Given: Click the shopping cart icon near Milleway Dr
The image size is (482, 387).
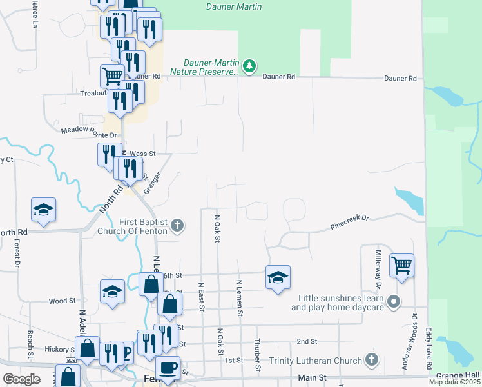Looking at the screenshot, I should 401,264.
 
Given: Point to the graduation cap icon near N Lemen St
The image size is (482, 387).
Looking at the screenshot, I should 278,277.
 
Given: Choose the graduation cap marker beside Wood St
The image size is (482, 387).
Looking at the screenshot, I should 112,291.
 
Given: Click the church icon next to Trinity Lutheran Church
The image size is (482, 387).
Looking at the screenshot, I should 371,359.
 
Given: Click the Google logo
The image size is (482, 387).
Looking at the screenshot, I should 21,379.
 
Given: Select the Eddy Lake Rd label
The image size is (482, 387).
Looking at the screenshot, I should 428,350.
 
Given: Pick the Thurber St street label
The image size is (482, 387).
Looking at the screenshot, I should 256,356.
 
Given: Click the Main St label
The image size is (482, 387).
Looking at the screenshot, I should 313,377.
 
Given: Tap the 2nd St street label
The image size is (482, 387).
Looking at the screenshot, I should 307,341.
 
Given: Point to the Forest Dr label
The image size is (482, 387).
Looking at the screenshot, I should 17,255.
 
